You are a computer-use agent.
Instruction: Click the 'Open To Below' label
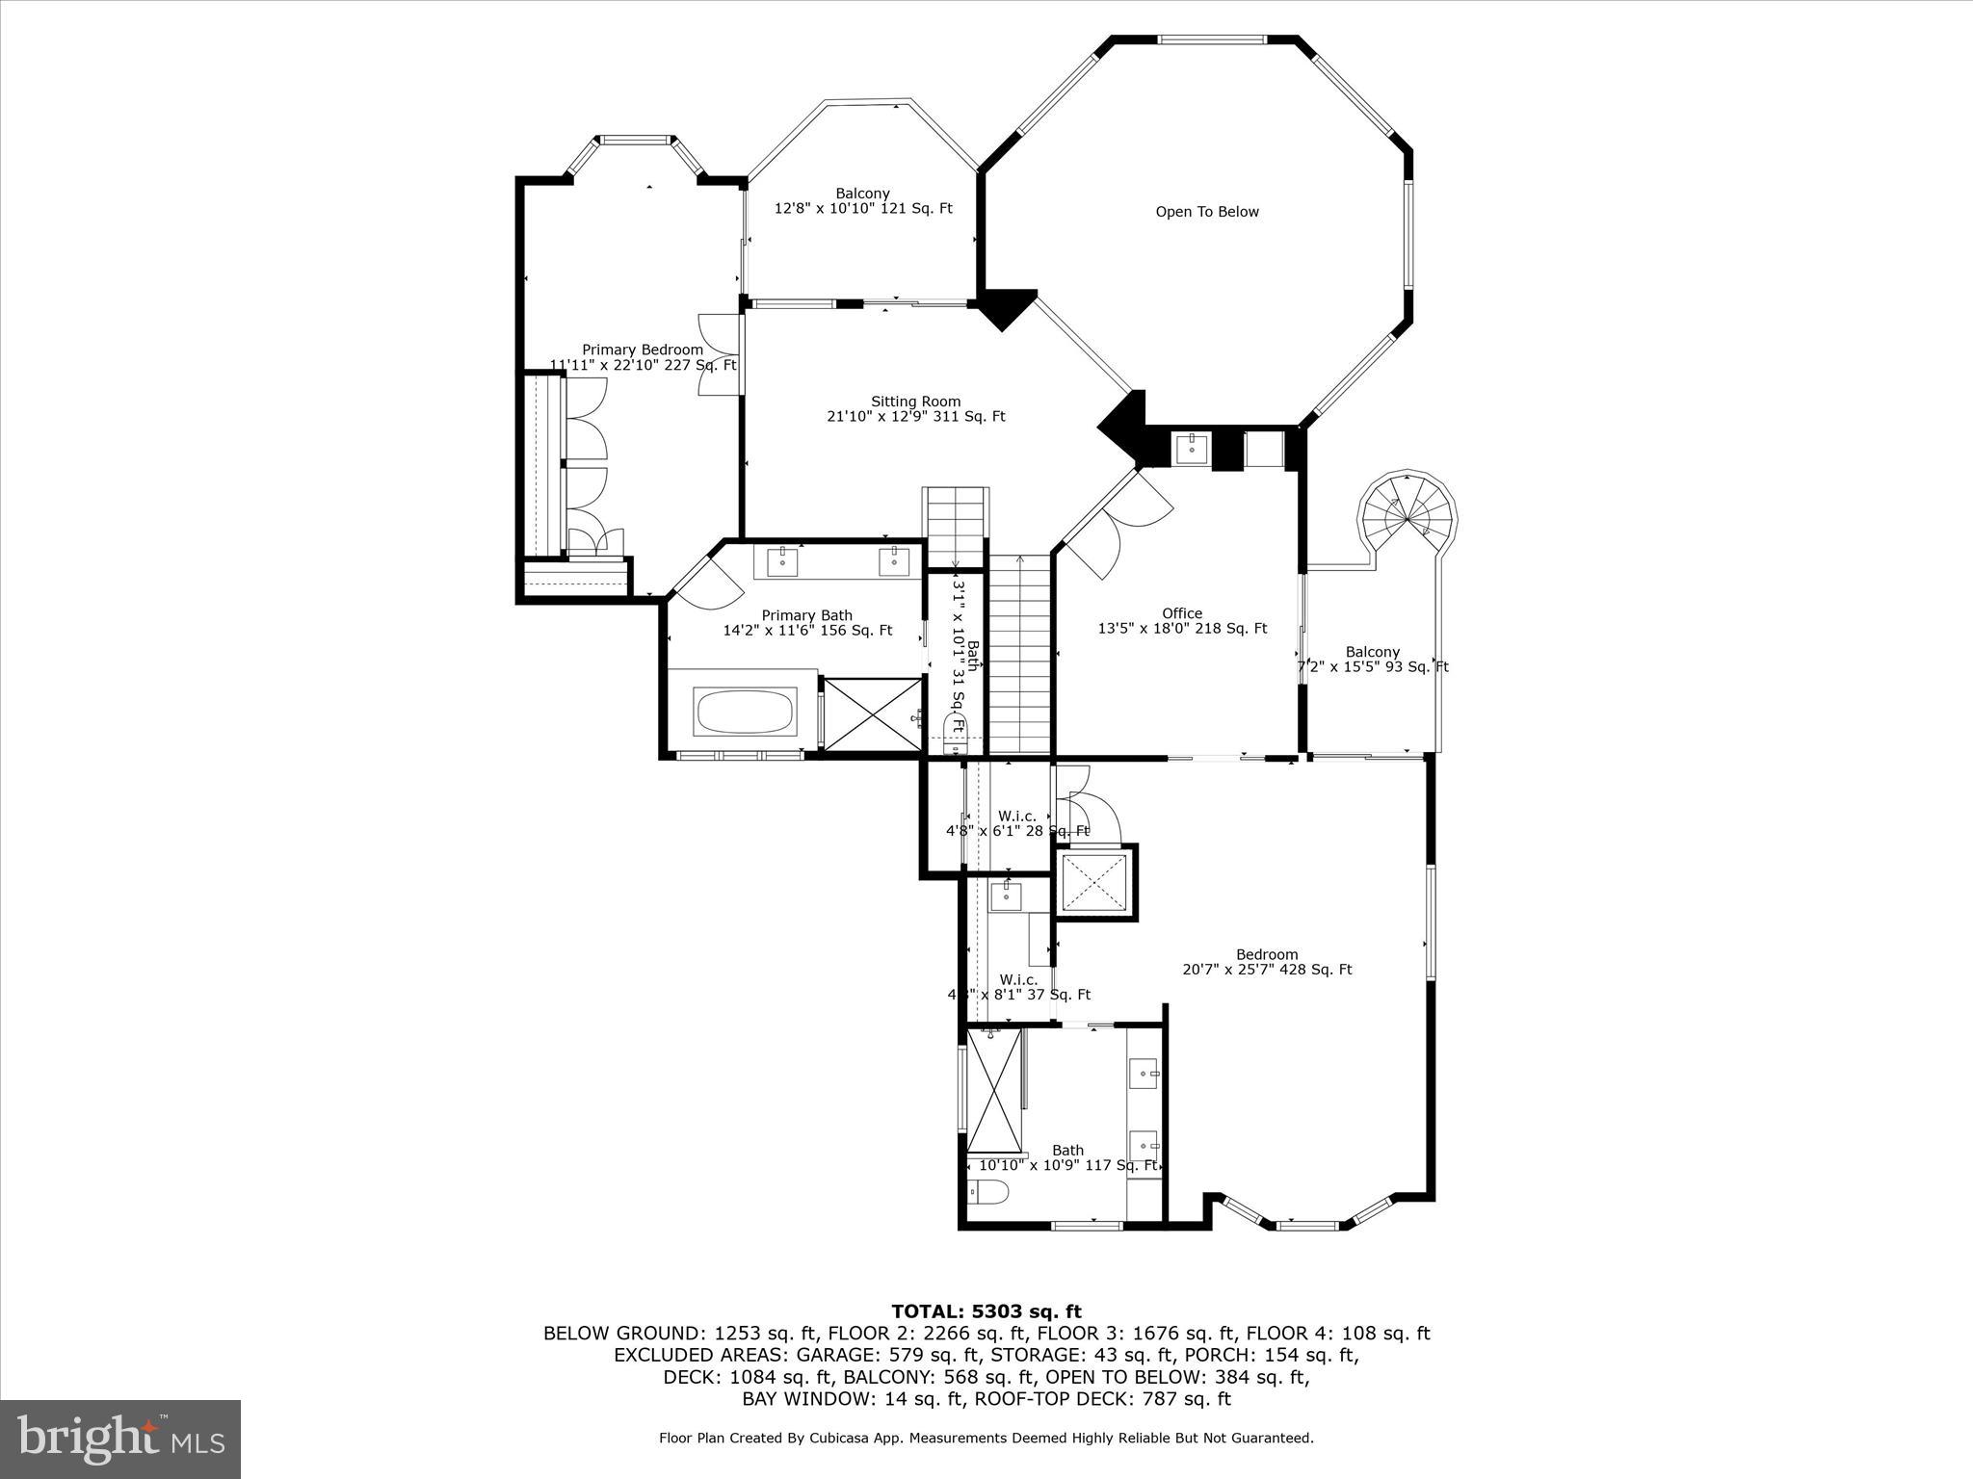(1207, 212)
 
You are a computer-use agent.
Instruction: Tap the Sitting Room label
(915, 409)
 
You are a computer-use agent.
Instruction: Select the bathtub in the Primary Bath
(745, 712)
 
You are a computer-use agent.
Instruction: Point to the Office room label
(1182, 621)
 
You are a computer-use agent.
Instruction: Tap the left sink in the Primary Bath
(782, 560)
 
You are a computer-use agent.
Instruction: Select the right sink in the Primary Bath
(894, 560)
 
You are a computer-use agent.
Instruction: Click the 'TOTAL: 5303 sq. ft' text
(986, 1311)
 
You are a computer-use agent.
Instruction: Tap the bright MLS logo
(120, 1439)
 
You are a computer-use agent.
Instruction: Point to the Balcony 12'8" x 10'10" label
(863, 200)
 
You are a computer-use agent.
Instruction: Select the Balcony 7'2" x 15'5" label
(1373, 659)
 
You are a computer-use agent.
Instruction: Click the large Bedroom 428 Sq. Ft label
(1267, 962)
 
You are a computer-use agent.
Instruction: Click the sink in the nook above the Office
(1192, 448)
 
